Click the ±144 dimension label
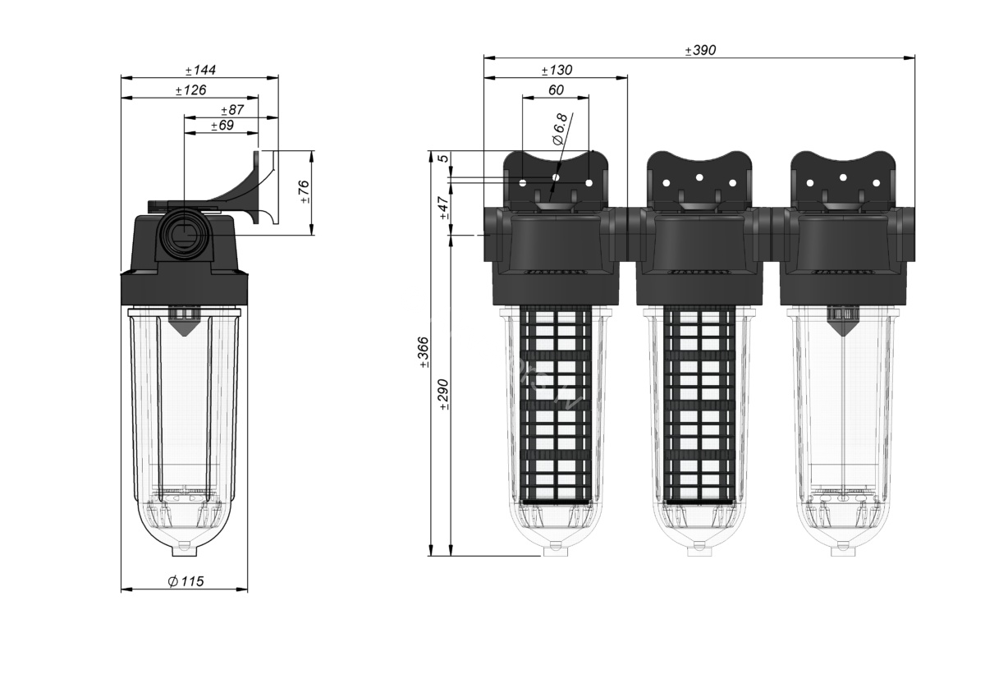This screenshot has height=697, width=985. coord(200,71)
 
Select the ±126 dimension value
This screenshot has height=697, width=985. coord(190,90)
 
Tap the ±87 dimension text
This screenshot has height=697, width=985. coord(232,109)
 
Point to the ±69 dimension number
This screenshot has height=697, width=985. coord(222,126)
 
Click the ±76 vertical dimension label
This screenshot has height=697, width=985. coord(305,191)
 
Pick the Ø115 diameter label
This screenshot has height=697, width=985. coord(186,581)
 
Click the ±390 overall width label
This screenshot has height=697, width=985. coord(700,50)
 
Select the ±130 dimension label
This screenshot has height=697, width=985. coord(557,70)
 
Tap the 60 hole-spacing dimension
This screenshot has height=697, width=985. coord(556,89)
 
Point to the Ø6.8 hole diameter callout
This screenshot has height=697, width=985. coord(560,129)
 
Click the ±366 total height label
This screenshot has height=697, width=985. coord(424,352)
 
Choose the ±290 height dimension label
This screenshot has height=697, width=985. coord(444,394)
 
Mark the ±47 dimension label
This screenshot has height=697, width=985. coord(444,208)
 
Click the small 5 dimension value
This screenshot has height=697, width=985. coord(445,158)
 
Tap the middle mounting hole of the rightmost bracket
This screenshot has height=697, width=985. coord(843,177)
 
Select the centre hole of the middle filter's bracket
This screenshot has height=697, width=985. coord(699,177)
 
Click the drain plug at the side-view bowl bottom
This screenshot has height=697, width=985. coord(186,550)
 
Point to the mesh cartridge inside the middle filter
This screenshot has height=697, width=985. coord(699,405)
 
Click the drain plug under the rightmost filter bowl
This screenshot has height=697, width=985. coord(844,550)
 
